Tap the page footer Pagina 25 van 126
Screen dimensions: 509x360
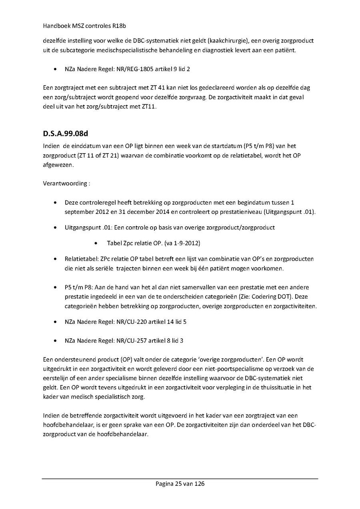pyautogui.click(x=180, y=484)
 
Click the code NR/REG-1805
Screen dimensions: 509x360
pyautogui.click(x=132, y=69)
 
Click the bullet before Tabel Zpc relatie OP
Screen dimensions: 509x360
pyautogui.click(x=96, y=243)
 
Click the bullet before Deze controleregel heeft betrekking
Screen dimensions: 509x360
pyautogui.click(x=54, y=203)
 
